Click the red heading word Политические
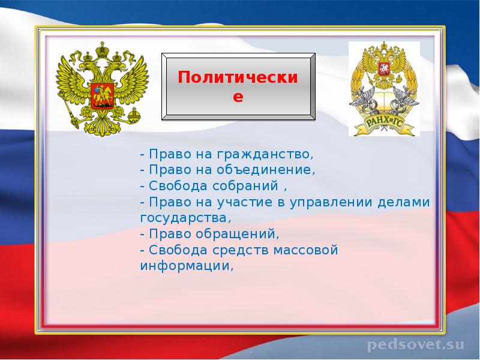(x=238, y=86)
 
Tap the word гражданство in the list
(x=265, y=154)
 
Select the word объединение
(x=266, y=170)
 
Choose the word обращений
(x=237, y=234)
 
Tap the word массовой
(x=306, y=250)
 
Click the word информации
(x=187, y=266)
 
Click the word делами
(x=404, y=202)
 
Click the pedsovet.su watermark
(x=416, y=344)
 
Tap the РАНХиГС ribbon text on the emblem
(x=385, y=125)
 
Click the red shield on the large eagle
(x=103, y=96)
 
